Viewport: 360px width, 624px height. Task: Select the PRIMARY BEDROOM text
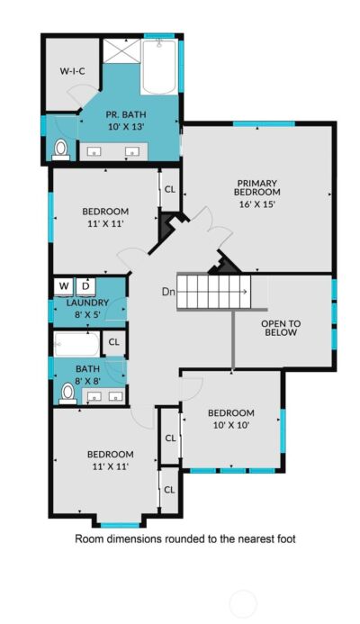click(256, 186)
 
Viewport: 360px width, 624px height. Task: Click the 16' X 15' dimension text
click(256, 203)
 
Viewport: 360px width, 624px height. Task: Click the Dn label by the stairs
click(168, 291)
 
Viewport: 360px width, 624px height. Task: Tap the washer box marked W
click(64, 285)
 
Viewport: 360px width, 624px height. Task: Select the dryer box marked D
click(85, 285)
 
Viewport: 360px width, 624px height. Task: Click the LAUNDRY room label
click(88, 303)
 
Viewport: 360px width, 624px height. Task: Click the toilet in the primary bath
click(60, 149)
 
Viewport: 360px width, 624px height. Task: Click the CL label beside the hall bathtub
click(114, 342)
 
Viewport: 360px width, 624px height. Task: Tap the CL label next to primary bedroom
click(168, 189)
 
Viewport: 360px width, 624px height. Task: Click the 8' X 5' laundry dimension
click(88, 316)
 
